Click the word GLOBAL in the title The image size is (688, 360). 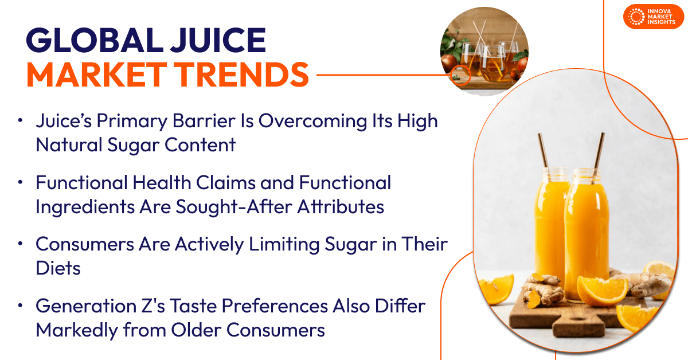pyautogui.click(x=95, y=40)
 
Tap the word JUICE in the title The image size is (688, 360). pyautogui.click(x=218, y=40)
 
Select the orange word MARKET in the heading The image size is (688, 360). pyautogui.click(x=97, y=75)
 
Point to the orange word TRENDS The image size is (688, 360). pyautogui.click(x=243, y=75)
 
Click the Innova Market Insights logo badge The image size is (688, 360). pyautogui.click(x=653, y=17)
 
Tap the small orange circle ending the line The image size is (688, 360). pyautogui.click(x=460, y=75)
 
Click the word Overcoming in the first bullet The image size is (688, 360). pyautogui.click(x=312, y=122)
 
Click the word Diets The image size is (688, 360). pyautogui.click(x=58, y=268)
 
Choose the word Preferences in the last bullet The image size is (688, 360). pyautogui.click(x=275, y=306)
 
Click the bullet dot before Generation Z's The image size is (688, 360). pyautogui.click(x=20, y=306)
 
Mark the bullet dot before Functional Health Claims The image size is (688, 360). pyautogui.click(x=20, y=182)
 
